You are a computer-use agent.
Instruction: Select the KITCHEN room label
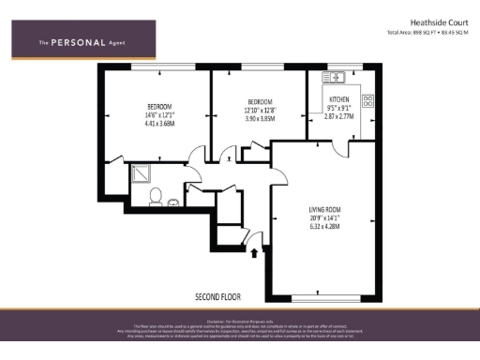[x=338, y=98]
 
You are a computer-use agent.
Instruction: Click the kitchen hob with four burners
[x=367, y=99]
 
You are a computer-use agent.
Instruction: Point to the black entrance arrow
[x=255, y=251]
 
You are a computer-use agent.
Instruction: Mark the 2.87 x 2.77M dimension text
[x=339, y=116]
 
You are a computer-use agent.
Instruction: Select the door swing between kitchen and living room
[x=353, y=148]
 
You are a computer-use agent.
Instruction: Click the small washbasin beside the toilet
[x=175, y=201]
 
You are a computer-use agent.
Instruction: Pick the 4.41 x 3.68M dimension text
[x=160, y=124]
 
